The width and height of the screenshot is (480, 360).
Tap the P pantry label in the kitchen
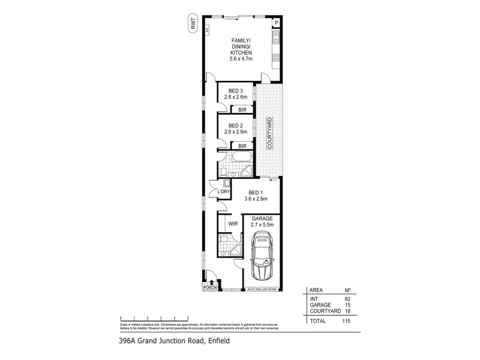276,23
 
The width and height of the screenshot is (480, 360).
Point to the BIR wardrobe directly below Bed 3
241,110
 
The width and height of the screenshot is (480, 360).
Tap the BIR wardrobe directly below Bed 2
241,145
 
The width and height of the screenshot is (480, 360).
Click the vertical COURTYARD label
270,133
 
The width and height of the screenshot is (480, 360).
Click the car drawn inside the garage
262,256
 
